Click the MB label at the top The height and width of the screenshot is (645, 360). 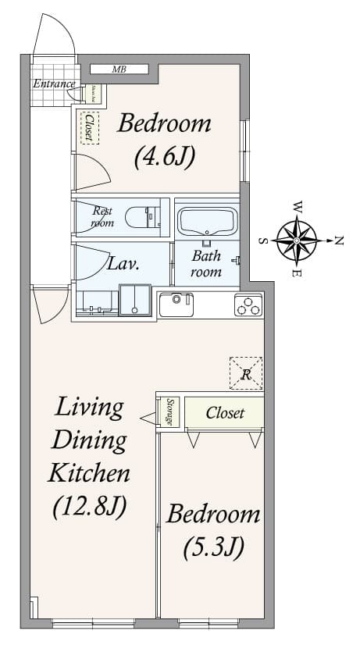click(119, 69)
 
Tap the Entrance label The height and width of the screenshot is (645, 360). click(54, 84)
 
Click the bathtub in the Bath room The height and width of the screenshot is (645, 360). click(206, 222)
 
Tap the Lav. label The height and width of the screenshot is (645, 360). click(123, 264)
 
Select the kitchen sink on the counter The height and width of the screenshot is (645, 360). click(176, 304)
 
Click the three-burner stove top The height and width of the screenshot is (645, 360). click(248, 305)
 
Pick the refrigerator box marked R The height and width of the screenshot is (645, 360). click(246, 373)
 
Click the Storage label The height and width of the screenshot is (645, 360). click(170, 412)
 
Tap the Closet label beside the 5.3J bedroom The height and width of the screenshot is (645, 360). click(225, 412)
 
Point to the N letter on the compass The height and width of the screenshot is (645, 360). click(339, 241)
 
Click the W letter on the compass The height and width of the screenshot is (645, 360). click(297, 208)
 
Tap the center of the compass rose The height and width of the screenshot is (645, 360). click(297, 240)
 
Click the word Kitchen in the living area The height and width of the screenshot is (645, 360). click(89, 472)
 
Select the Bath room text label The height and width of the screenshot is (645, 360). click(206, 264)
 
